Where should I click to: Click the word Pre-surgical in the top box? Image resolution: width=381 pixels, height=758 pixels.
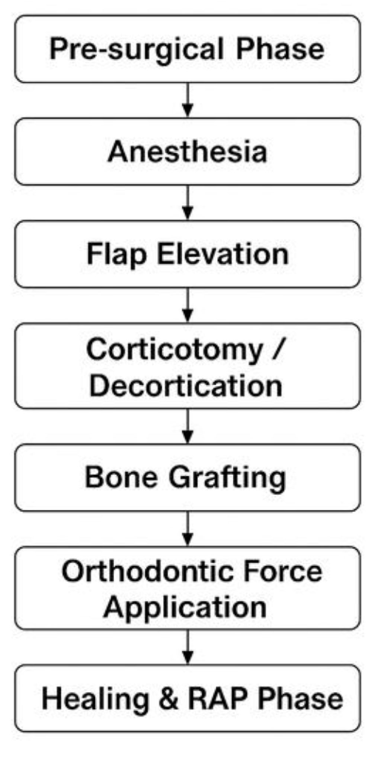[137, 49]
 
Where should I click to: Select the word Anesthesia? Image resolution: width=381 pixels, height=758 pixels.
[188, 151]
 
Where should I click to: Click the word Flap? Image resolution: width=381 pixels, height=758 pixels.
[116, 254]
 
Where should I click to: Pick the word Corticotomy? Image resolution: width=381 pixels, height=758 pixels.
[174, 350]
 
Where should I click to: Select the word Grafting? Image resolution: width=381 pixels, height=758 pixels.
[227, 478]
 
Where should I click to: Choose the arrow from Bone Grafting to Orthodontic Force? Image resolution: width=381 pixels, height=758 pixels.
[188, 529]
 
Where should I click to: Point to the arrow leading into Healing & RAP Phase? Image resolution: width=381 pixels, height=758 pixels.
[188, 646]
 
